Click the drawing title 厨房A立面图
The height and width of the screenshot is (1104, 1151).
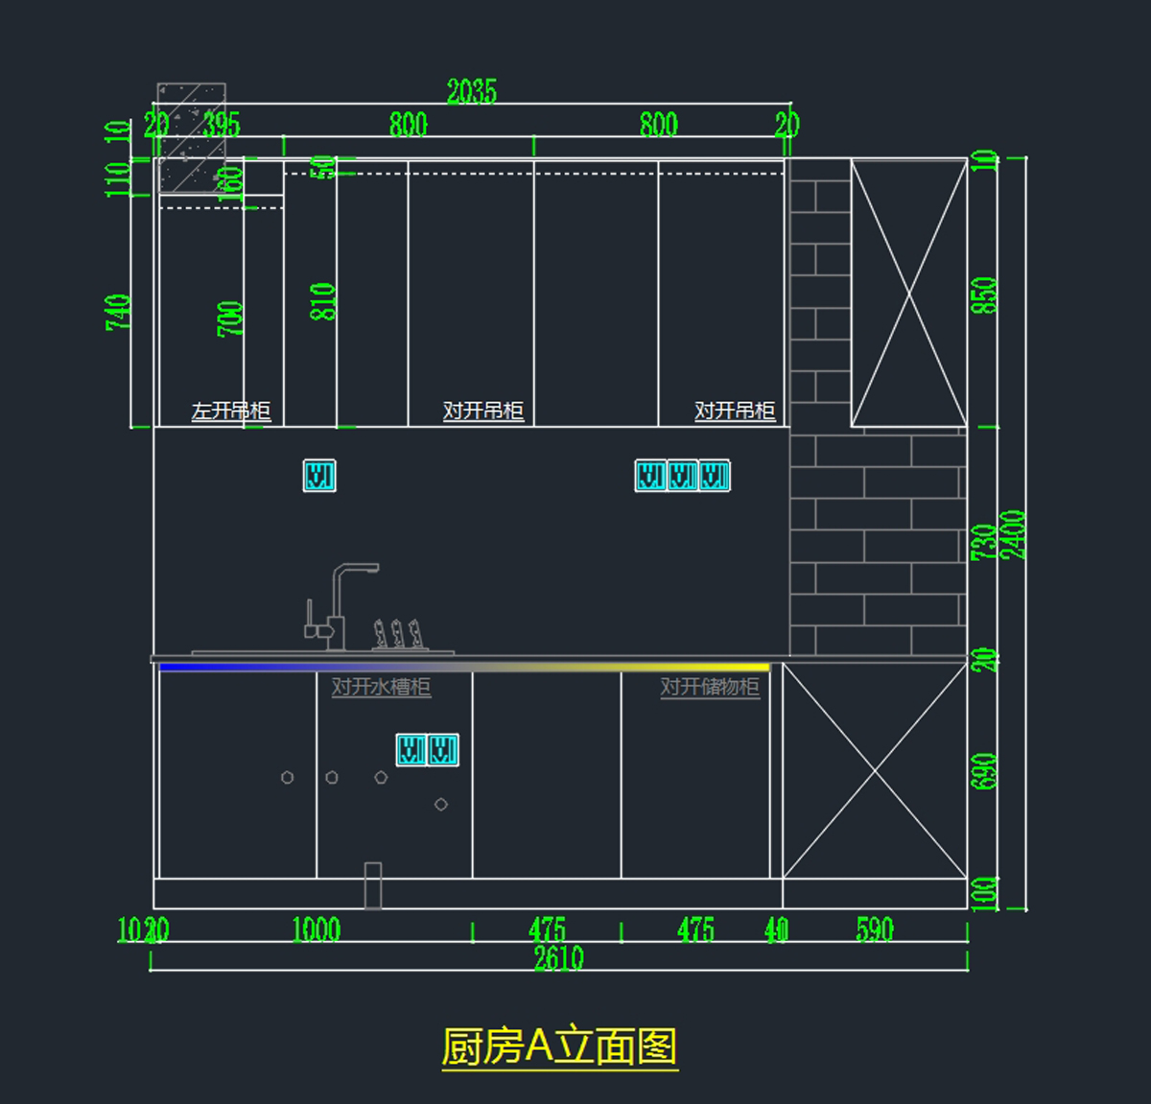pos(559,1046)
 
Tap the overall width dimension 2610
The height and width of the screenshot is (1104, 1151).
pos(559,957)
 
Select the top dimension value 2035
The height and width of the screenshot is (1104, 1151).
pos(471,92)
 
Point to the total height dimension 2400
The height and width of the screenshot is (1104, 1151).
pos(1013,533)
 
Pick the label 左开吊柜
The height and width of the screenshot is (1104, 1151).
pos(231,411)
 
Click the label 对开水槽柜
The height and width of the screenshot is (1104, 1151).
pos(381,687)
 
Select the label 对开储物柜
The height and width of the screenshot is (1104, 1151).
pos(710,687)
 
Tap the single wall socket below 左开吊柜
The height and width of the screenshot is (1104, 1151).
pos(319,476)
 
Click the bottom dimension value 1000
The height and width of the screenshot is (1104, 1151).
pos(317,929)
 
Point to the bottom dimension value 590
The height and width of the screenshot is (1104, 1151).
pos(874,929)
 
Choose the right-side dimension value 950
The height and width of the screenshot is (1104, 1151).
pos(985,294)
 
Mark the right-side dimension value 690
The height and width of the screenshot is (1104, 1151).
pos(985,771)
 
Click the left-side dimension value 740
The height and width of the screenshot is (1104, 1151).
pos(119,312)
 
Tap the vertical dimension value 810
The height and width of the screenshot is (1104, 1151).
pos(324,301)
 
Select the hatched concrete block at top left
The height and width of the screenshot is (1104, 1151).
pos(192,137)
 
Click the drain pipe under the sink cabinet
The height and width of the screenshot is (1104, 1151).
pos(373,885)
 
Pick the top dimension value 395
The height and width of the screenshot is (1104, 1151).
pos(222,125)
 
